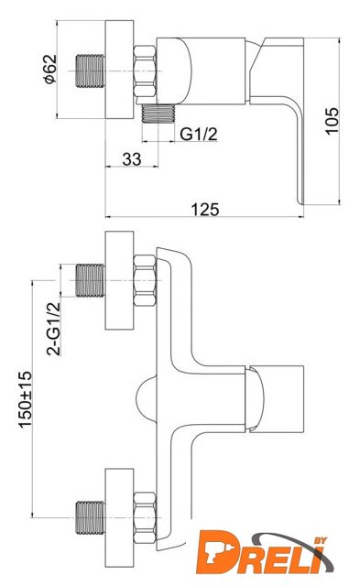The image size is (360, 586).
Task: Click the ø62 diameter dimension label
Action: tap(50, 69)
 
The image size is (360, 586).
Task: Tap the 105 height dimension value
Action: tap(332, 120)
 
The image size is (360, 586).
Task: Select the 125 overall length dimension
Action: tap(205, 210)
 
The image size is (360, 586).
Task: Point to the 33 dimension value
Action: tap(132, 159)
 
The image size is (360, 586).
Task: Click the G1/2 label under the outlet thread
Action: tap(199, 134)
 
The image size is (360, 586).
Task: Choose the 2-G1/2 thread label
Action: tap(53, 329)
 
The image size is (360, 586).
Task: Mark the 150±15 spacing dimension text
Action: tap(26, 399)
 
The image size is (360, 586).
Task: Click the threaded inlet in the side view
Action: tap(91, 71)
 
